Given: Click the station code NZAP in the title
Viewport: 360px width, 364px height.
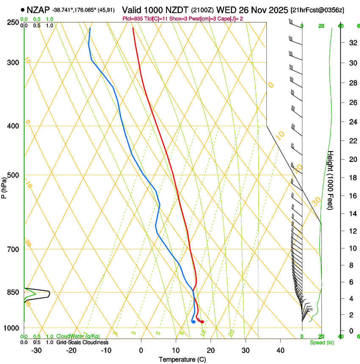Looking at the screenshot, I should point(38,9).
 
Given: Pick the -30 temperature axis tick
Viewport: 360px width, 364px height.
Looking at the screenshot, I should point(36,350).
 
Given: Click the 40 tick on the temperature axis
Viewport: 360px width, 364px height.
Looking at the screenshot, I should point(280,350).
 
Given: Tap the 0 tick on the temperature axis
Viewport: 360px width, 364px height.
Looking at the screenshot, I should point(141,350).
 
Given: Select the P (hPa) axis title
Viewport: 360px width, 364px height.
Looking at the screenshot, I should point(5,187).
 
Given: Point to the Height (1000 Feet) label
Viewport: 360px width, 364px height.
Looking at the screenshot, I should point(331,180).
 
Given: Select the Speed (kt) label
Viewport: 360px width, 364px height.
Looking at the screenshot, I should point(321,342).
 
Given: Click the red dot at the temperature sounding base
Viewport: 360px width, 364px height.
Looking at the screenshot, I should point(202,322).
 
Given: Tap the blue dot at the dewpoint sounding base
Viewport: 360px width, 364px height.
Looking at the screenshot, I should point(193,322).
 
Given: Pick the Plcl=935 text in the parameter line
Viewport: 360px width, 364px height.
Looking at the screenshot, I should point(132,19).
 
